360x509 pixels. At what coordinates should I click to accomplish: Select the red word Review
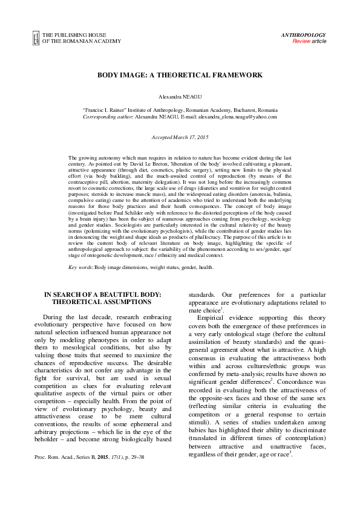301,42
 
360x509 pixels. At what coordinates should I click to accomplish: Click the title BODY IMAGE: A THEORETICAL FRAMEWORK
180,76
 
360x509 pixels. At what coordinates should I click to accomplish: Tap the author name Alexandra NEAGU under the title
180,97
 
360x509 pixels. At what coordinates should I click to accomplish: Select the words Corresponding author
107,117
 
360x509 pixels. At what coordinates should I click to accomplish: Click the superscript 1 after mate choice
222,309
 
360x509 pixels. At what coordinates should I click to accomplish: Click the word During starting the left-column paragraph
56,317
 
